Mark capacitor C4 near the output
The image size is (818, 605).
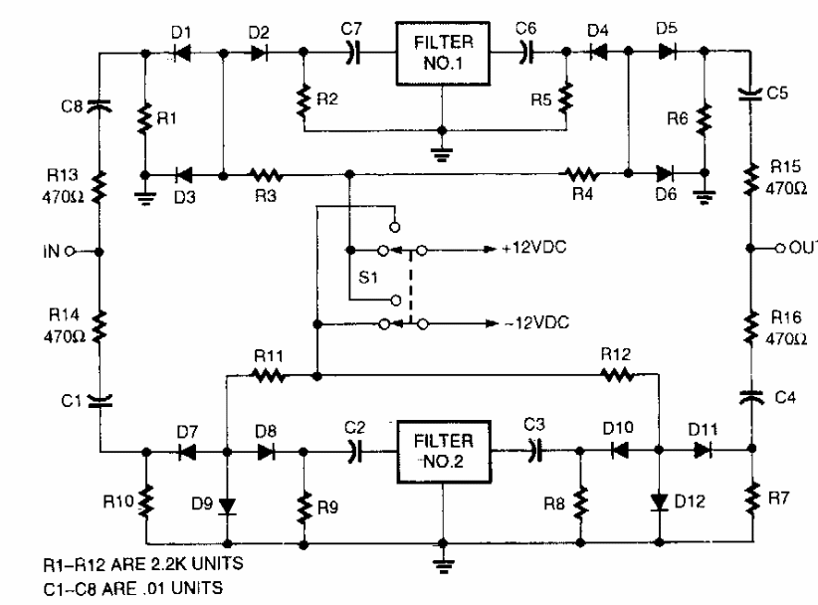[x=752, y=396]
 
